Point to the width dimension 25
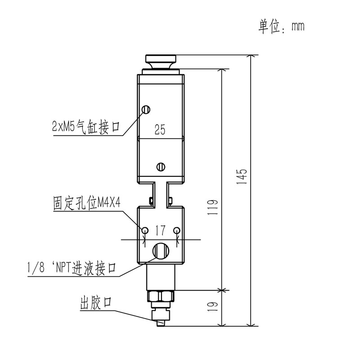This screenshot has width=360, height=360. (x=160, y=130)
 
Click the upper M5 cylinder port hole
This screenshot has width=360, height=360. (x=145, y=109)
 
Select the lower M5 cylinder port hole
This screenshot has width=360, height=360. (x=160, y=166)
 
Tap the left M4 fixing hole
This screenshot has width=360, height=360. (x=145, y=230)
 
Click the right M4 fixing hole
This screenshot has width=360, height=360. (x=177, y=230)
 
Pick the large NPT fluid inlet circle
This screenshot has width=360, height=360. (x=161, y=250)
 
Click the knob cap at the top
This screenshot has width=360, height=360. (x=161, y=60)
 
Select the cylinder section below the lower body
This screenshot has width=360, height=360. (x=161, y=277)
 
